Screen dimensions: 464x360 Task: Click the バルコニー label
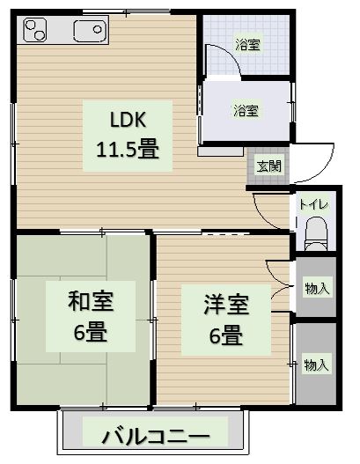(x=155, y=436)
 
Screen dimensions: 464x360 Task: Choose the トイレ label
(x=313, y=204)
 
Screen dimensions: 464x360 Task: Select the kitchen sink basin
(x=88, y=33)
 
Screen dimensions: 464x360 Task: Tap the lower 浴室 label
(x=246, y=111)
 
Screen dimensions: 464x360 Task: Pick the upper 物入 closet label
(x=316, y=287)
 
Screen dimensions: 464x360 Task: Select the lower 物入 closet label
(x=316, y=365)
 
